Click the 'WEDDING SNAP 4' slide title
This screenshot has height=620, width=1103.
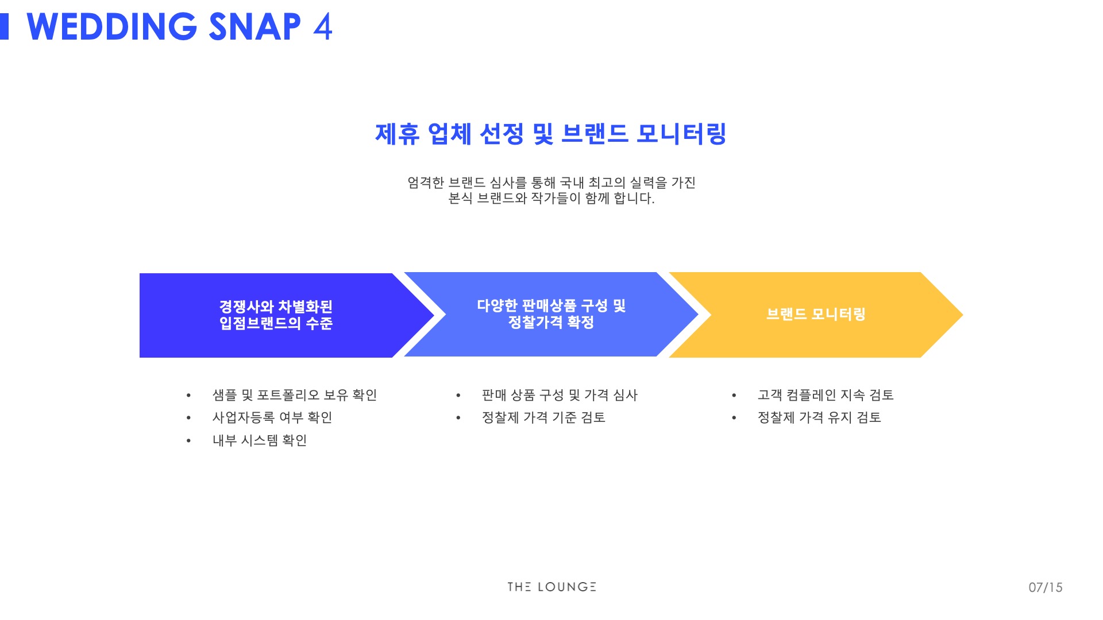[x=179, y=26]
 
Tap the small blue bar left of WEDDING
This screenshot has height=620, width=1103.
[x=4, y=26]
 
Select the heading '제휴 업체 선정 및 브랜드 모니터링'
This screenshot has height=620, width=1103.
[x=551, y=134]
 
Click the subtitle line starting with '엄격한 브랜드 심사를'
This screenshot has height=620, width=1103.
[x=551, y=183]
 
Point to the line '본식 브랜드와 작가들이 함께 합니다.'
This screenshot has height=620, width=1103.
[x=551, y=199]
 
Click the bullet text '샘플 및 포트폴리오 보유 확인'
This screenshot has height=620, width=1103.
[x=295, y=395]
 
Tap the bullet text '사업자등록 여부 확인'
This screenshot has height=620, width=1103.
[x=272, y=417]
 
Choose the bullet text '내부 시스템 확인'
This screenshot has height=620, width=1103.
[x=260, y=440]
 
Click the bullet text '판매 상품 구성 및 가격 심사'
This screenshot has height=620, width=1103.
[x=560, y=395]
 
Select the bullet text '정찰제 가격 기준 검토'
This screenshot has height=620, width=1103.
[x=543, y=417]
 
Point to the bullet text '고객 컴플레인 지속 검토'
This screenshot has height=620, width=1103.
[x=826, y=395]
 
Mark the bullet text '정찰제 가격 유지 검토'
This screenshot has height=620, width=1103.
[x=819, y=417]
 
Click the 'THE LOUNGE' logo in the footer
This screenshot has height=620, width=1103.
[x=551, y=587]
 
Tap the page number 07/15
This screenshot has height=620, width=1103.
[x=1046, y=587]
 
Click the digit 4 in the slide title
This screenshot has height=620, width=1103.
[x=323, y=26]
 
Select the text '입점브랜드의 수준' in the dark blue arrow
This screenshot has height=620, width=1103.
[x=276, y=323]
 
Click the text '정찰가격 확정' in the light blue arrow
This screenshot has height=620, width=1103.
[x=551, y=322]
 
